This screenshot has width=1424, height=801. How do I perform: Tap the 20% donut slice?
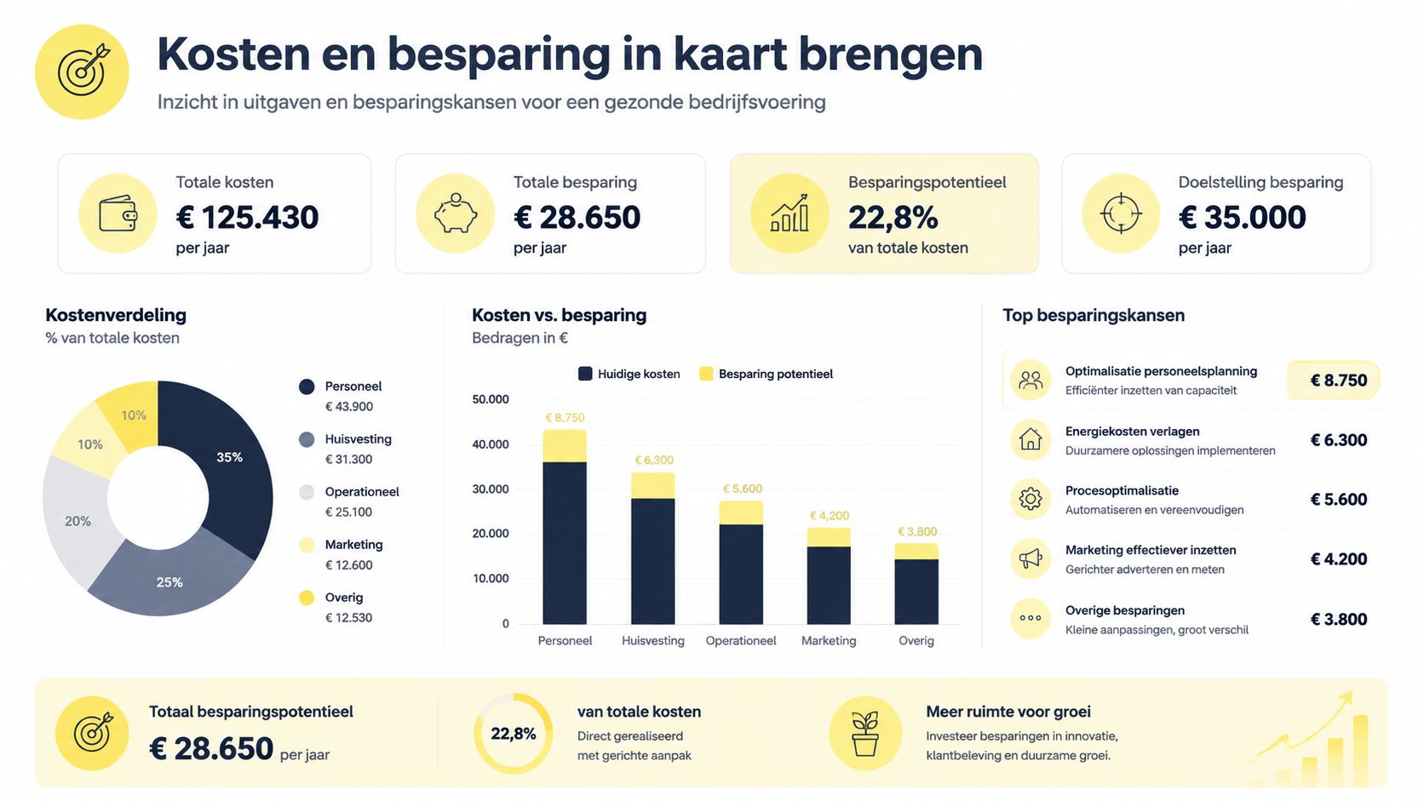pyautogui.click(x=78, y=521)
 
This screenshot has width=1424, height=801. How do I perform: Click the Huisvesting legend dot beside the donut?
pyautogui.click(x=307, y=439)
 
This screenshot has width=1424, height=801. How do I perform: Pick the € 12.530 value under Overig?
pyautogui.click(x=348, y=617)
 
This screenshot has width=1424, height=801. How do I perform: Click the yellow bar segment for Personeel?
pyautogui.click(x=565, y=446)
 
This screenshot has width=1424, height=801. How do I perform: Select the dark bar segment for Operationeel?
pyautogui.click(x=741, y=575)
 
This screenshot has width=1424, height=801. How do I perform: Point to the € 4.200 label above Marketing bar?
pyautogui.click(x=829, y=516)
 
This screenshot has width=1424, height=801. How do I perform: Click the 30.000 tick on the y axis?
pyautogui.click(x=490, y=489)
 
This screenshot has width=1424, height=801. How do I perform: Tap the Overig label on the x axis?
pyautogui.click(x=916, y=641)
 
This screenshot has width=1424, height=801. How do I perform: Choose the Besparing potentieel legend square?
pyautogui.click(x=706, y=374)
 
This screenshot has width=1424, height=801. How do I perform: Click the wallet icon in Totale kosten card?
pyautogui.click(x=118, y=214)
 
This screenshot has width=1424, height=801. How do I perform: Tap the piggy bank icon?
pyautogui.click(x=455, y=214)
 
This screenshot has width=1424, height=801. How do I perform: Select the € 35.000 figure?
pyautogui.click(x=1243, y=217)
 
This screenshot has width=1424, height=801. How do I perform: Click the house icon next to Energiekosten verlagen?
pyautogui.click(x=1031, y=439)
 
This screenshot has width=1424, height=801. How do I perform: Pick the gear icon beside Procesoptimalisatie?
pyautogui.click(x=1031, y=499)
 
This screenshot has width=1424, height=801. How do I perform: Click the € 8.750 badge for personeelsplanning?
pyautogui.click(x=1333, y=380)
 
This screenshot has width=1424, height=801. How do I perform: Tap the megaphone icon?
pyautogui.click(x=1031, y=558)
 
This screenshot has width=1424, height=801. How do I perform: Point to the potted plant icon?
pyautogui.click(x=865, y=734)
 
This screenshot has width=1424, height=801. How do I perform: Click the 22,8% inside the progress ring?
pyautogui.click(x=513, y=734)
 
